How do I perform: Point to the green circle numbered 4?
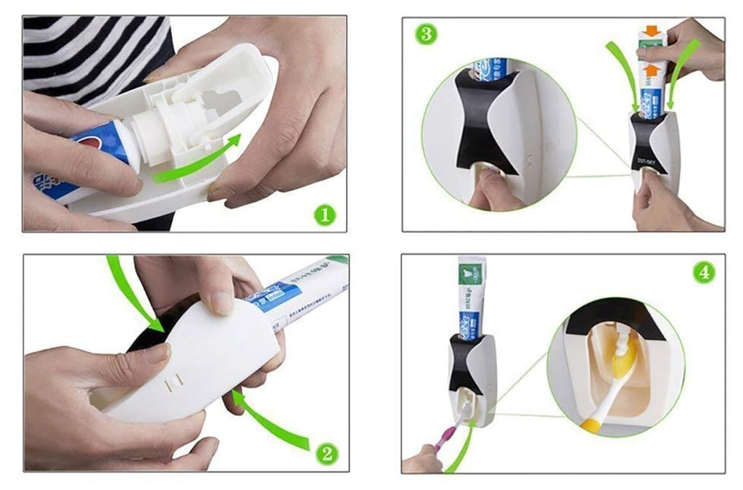pos(703,272)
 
